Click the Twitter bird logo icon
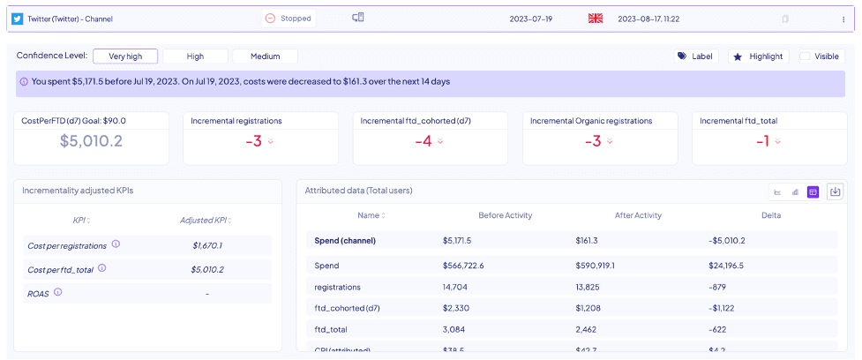[17, 18]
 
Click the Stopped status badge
[289, 18]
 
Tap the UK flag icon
[595, 18]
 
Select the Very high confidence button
[124, 56]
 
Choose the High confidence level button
[195, 56]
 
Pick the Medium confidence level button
[266, 56]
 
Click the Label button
[695, 56]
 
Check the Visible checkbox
[805, 56]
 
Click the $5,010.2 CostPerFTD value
[91, 140]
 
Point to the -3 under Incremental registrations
[254, 141]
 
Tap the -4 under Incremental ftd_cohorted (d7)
[424, 141]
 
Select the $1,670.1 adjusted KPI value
[206, 245]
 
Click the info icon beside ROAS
[58, 291]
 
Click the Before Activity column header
[505, 215]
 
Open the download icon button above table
[835, 191]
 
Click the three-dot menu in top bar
[843, 19]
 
